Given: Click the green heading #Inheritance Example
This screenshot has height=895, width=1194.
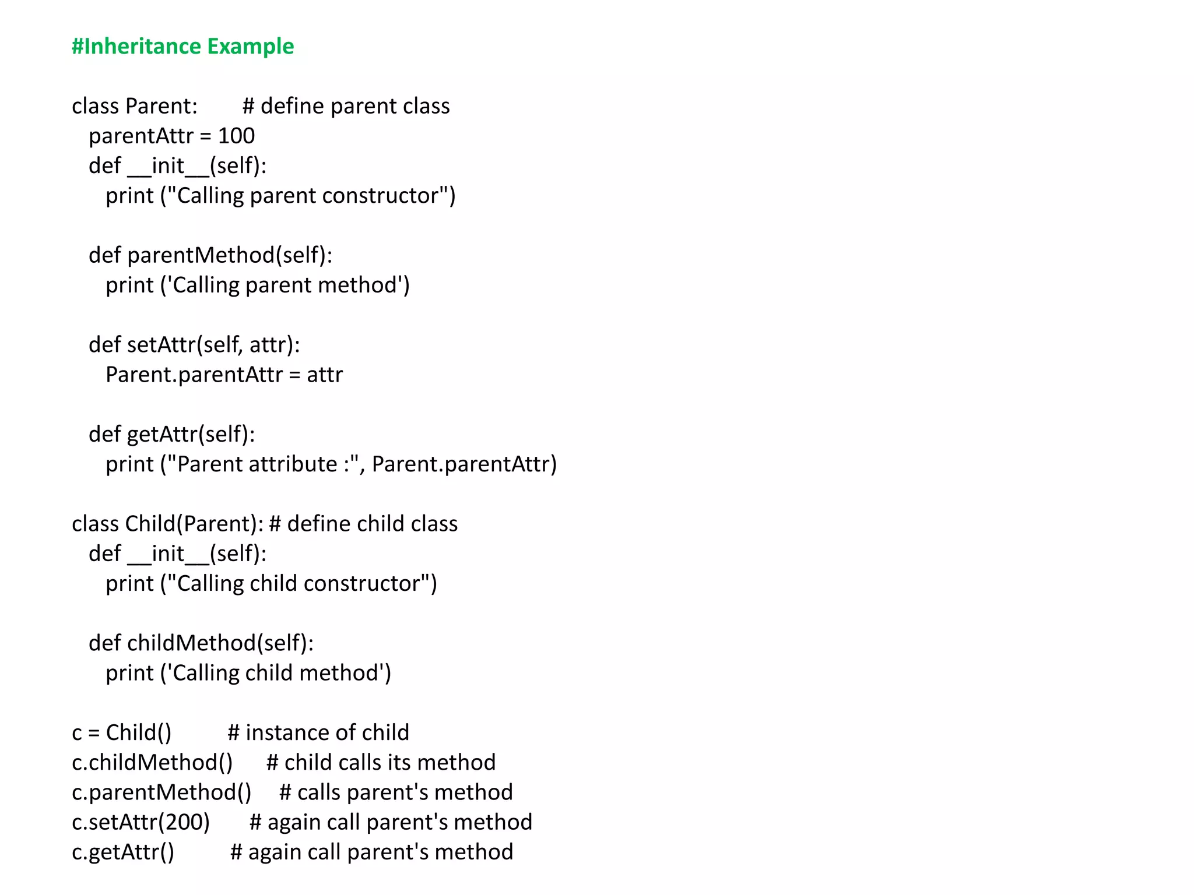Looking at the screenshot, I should pyautogui.click(x=182, y=47).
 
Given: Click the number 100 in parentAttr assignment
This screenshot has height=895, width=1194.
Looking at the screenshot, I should pyautogui.click(x=236, y=136).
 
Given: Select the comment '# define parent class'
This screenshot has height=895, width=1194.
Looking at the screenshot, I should pyautogui.click(x=346, y=107).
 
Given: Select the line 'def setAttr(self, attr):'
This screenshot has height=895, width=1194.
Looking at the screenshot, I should pyautogui.click(x=194, y=345).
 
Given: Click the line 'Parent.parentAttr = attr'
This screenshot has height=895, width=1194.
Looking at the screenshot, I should pyautogui.click(x=224, y=375).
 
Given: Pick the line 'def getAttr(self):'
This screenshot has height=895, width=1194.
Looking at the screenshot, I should pyautogui.click(x=171, y=435).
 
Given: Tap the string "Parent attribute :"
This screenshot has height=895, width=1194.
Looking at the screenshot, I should pyautogui.click(x=262, y=464).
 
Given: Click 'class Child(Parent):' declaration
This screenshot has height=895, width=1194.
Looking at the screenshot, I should pyautogui.click(x=167, y=524).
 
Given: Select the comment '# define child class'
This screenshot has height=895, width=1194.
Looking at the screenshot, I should pyautogui.click(x=363, y=524).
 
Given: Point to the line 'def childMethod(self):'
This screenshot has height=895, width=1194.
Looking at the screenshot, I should pyautogui.click(x=201, y=643).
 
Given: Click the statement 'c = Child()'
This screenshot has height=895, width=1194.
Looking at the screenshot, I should pyautogui.click(x=121, y=733).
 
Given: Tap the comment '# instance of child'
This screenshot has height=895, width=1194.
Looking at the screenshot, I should pyautogui.click(x=318, y=733).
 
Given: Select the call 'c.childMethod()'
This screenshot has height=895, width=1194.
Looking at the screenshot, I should pyautogui.click(x=152, y=763).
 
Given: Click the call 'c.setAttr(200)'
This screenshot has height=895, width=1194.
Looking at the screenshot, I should pyautogui.click(x=141, y=822).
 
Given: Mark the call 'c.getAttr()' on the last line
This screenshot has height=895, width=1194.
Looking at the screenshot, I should pyautogui.click(x=123, y=852).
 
